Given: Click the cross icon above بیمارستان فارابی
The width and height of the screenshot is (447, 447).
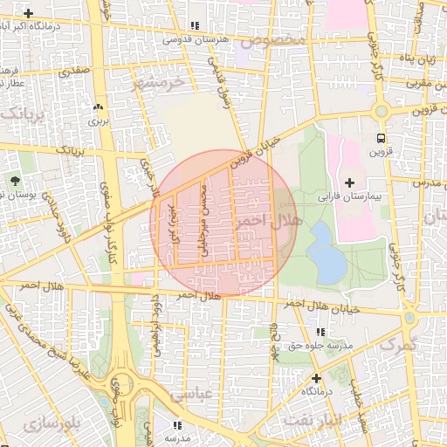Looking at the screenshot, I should coord(350,182).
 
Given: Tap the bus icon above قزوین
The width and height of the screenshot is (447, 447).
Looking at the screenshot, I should coord(381,138).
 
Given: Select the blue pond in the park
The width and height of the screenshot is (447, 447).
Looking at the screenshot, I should coord(326,254).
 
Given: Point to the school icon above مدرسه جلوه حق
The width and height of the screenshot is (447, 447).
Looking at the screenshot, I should coord(321,333).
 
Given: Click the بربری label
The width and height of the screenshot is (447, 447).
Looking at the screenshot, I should coord(97,120).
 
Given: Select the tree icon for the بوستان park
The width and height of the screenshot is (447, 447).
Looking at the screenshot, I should coord(16,181).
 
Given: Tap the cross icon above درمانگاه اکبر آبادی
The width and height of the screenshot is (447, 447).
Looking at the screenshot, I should coord(30,13).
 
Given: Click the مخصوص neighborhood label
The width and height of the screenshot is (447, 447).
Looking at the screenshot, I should coord(273,41).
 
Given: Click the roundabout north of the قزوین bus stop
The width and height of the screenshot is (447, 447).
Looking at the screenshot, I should coord(381,112).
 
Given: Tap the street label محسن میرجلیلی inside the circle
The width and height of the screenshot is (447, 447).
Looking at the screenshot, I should coord(206,223).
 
